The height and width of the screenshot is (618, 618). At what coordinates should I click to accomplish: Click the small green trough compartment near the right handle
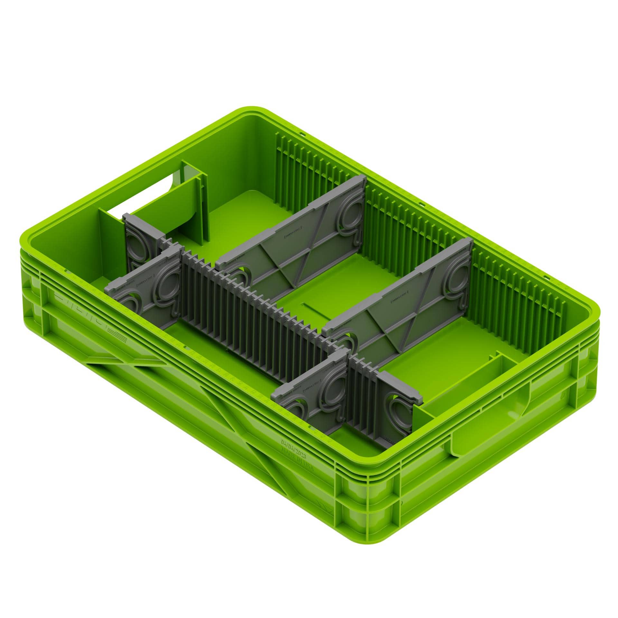coord(464,386)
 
